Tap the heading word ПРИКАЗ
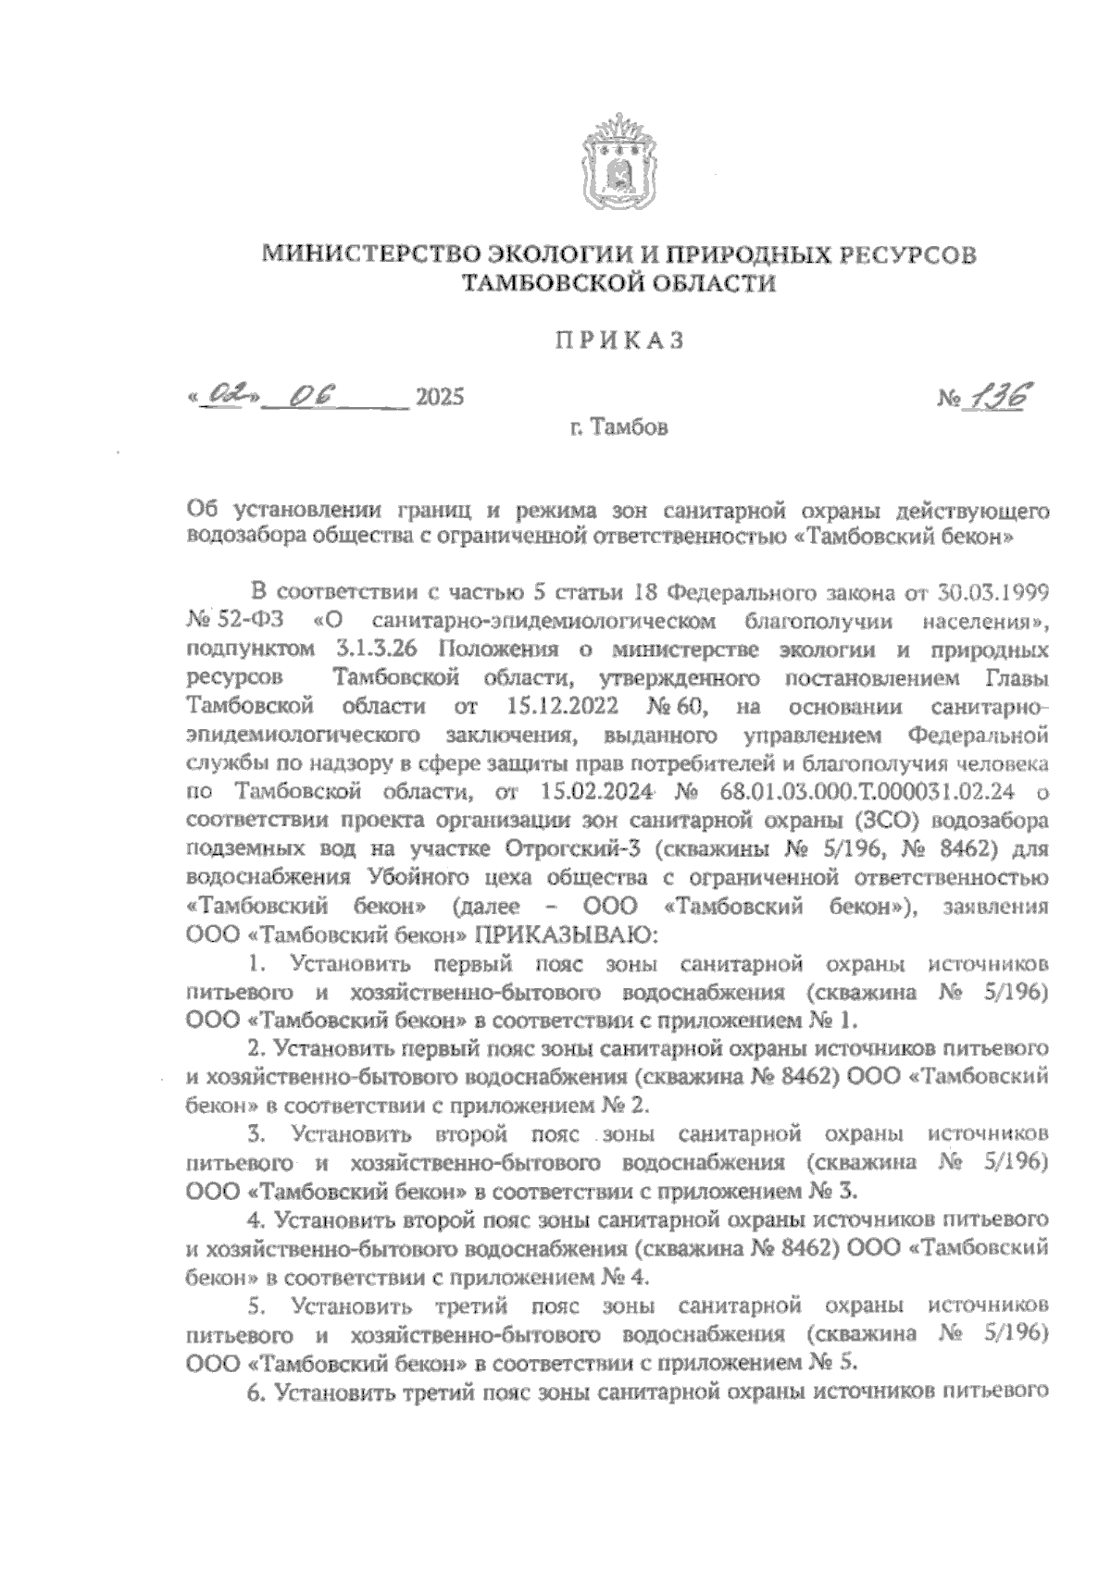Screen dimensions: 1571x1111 coord(618,341)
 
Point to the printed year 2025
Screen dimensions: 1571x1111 coord(439,399)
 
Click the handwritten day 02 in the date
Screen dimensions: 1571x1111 coord(226,396)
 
